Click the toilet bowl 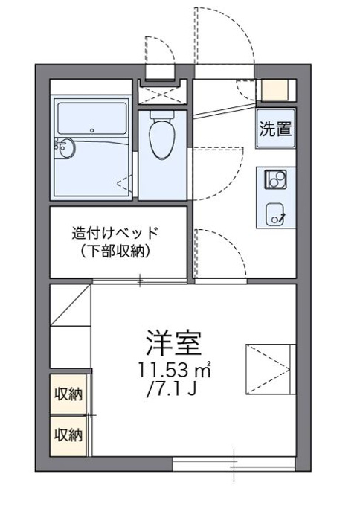point(163,135)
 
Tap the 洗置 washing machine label point(275,129)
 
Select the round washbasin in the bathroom point(65,149)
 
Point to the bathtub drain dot point(92,131)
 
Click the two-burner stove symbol point(275,180)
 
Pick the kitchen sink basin point(275,214)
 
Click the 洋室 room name point(173,342)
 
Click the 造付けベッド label point(115,233)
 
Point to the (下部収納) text point(115,251)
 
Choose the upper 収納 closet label point(68,394)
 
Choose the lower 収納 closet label point(68,435)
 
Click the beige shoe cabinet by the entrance point(274,89)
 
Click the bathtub point(91,118)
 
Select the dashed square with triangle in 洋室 point(271,369)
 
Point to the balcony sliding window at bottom point(234,464)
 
